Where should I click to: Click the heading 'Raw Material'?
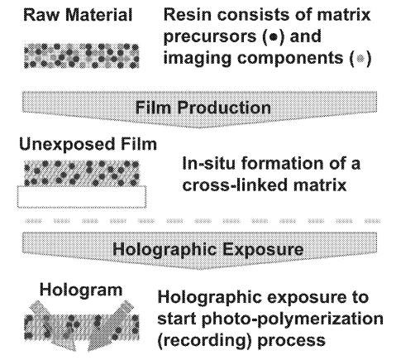click(78, 15)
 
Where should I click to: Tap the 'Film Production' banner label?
click(203, 108)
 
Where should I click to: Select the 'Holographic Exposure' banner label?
click(208, 249)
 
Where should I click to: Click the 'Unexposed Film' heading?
click(88, 144)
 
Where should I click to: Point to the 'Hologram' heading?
click(81, 290)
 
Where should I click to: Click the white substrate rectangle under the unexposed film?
click(82, 196)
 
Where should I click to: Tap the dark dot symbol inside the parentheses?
click(274, 37)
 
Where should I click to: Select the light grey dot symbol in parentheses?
click(360, 59)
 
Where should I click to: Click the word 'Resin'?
click(188, 14)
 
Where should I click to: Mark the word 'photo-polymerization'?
click(293, 319)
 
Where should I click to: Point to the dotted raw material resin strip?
click(82, 56)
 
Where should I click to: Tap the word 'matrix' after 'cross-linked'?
click(316, 185)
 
